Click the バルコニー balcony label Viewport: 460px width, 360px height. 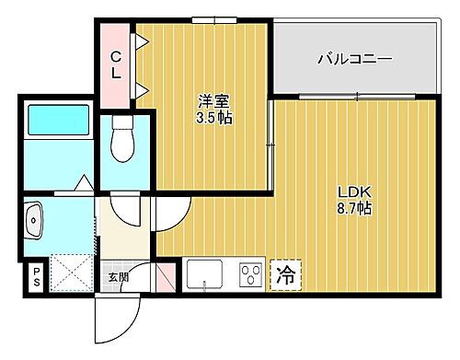[x=355, y=60]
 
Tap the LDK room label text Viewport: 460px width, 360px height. [x=353, y=192]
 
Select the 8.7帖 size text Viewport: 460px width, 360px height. [x=353, y=209]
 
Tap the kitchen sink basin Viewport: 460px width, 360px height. [x=204, y=273]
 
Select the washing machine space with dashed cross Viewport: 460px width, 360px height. [x=69, y=273]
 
